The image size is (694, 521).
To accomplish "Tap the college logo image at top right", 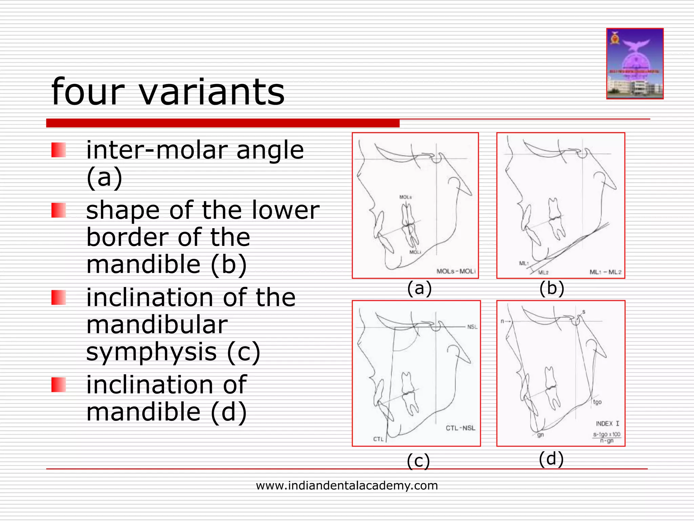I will tap(635, 64).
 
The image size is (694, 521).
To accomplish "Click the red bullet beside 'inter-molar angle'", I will tap(58, 150).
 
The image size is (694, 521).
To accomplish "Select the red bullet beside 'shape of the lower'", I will tap(58, 210).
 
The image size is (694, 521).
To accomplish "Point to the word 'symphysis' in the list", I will tap(151, 352).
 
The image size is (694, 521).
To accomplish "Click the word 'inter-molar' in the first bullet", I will tap(157, 150).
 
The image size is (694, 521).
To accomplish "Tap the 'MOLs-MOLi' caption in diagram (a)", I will tap(456, 271).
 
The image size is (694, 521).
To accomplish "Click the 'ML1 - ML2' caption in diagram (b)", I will tap(605, 272).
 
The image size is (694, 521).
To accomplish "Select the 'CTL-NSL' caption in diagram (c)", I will tap(460, 428).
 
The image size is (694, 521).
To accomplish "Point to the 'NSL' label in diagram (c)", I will tap(472, 327).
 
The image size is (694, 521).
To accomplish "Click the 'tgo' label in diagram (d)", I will tap(597, 402).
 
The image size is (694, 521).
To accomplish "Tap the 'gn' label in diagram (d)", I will tap(540, 435).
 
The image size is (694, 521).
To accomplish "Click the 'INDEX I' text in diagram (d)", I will tap(607, 424).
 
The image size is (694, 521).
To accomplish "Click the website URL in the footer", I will tap(347, 485).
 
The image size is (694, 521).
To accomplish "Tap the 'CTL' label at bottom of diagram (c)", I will tap(378, 439).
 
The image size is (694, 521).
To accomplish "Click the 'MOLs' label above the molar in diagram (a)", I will tap(405, 197).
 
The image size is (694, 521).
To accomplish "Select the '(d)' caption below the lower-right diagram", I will tap(551, 459).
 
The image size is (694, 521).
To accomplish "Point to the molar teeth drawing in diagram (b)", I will tap(556, 219).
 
